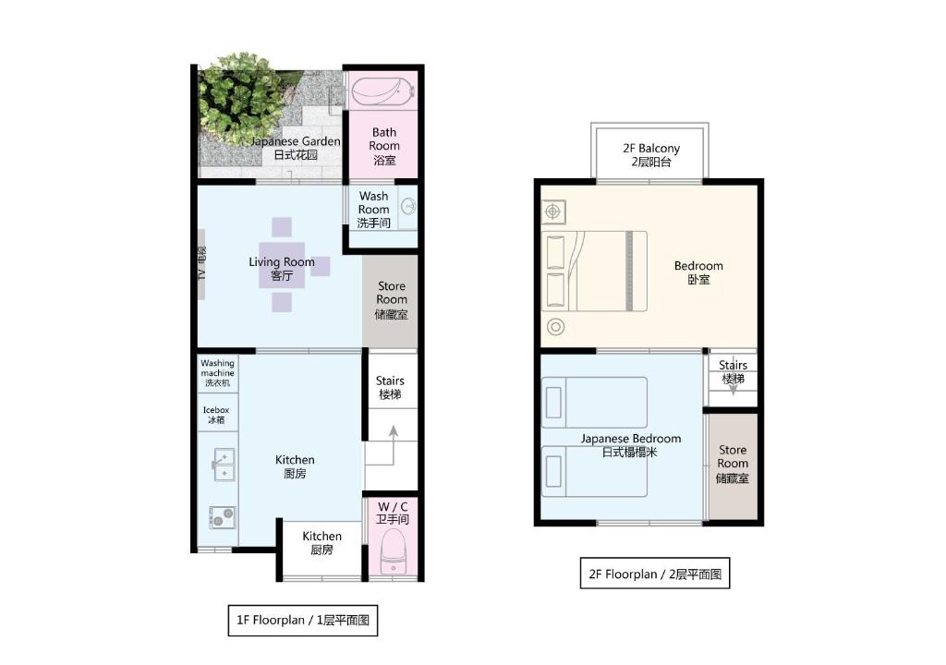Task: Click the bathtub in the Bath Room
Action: click(x=382, y=91)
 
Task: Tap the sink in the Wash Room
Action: click(x=408, y=206)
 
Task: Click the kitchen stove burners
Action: click(x=222, y=517)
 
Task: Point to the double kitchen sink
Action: click(x=224, y=464)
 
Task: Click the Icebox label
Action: click(x=216, y=415)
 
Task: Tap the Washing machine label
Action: click(x=217, y=373)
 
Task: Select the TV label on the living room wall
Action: click(x=201, y=264)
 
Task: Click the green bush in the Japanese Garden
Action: click(x=241, y=97)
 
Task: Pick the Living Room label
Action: click(x=282, y=269)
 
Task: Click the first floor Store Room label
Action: click(x=392, y=300)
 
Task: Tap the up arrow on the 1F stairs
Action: click(x=394, y=445)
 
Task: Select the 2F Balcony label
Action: click(x=651, y=154)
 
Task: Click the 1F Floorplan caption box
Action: click(x=303, y=620)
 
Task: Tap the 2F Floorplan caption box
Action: click(x=655, y=574)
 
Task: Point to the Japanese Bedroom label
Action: click(x=630, y=445)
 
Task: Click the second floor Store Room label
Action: click(x=733, y=464)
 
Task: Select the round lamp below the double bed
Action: click(x=555, y=327)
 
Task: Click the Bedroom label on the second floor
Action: click(x=698, y=272)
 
